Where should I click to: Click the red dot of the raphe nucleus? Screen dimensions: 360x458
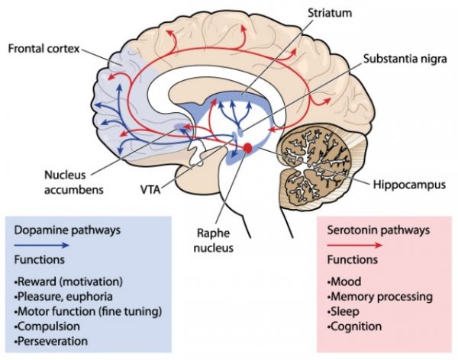pyautogui.click(x=247, y=147)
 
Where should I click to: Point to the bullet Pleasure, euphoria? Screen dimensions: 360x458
pyautogui.click(x=58, y=297)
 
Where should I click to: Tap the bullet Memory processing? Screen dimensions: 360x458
pyautogui.click(x=370, y=297)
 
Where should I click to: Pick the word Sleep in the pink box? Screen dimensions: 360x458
pyautogui.click(x=342, y=311)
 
